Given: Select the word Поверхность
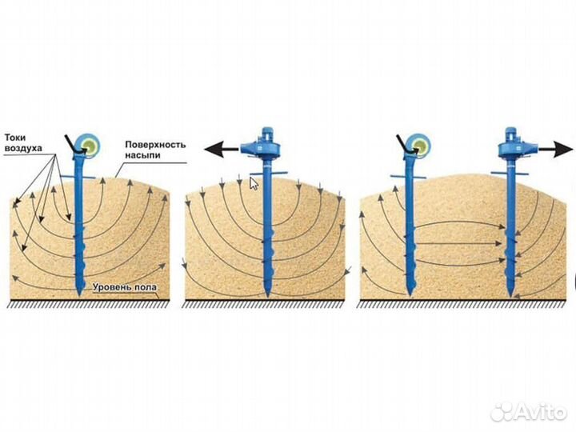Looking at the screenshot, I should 155,145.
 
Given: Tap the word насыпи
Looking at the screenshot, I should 141,156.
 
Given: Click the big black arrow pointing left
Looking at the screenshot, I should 224,149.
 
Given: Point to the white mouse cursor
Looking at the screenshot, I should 254,183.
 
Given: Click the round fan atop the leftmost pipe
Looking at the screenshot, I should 86,146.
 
